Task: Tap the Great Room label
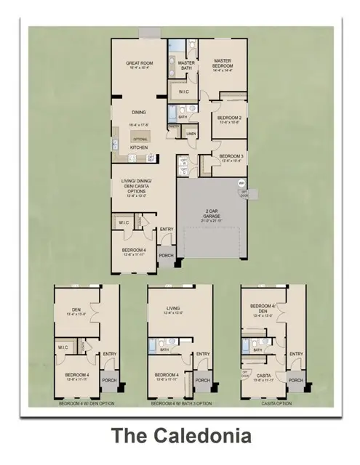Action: [137, 65]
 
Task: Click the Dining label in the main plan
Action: [139, 113]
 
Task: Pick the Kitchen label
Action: [139, 147]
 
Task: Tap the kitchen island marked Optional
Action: [140, 138]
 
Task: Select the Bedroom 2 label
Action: [229, 119]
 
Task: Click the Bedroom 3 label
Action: [230, 158]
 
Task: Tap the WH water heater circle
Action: [241, 183]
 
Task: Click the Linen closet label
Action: [191, 134]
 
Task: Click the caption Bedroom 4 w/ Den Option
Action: [87, 402]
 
